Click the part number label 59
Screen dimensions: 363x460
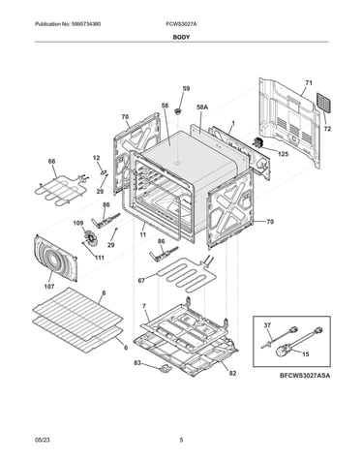click(x=186, y=88)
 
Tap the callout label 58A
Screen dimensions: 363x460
click(x=202, y=107)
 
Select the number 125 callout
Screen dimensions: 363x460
click(x=283, y=154)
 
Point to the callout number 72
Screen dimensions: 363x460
click(x=327, y=129)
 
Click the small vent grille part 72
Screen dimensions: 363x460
click(x=323, y=103)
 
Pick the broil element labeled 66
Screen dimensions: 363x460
click(x=59, y=190)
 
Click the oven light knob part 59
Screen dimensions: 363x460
click(x=177, y=111)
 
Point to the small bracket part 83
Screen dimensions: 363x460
click(x=165, y=368)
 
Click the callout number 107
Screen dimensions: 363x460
click(x=49, y=287)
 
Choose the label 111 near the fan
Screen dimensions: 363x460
click(x=100, y=258)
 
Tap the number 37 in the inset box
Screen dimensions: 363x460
click(x=267, y=325)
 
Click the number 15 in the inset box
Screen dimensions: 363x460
click(x=305, y=354)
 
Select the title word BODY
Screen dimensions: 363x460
click(x=181, y=37)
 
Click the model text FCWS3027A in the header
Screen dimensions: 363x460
click(x=180, y=24)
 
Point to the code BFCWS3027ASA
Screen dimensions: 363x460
click(x=305, y=376)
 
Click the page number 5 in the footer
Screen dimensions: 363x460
click(x=181, y=440)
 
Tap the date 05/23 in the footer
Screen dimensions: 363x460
click(x=43, y=440)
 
